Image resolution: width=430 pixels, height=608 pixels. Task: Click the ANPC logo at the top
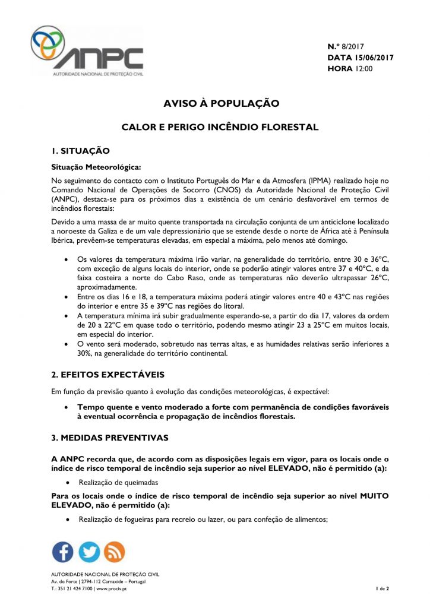pos(87,51)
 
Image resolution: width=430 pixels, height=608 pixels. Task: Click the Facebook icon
pos(63,552)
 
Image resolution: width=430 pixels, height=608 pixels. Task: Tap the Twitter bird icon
pos(89,552)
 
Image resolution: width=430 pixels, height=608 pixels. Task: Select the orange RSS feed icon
pos(115,552)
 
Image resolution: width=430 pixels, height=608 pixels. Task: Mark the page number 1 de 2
pos(382,588)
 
